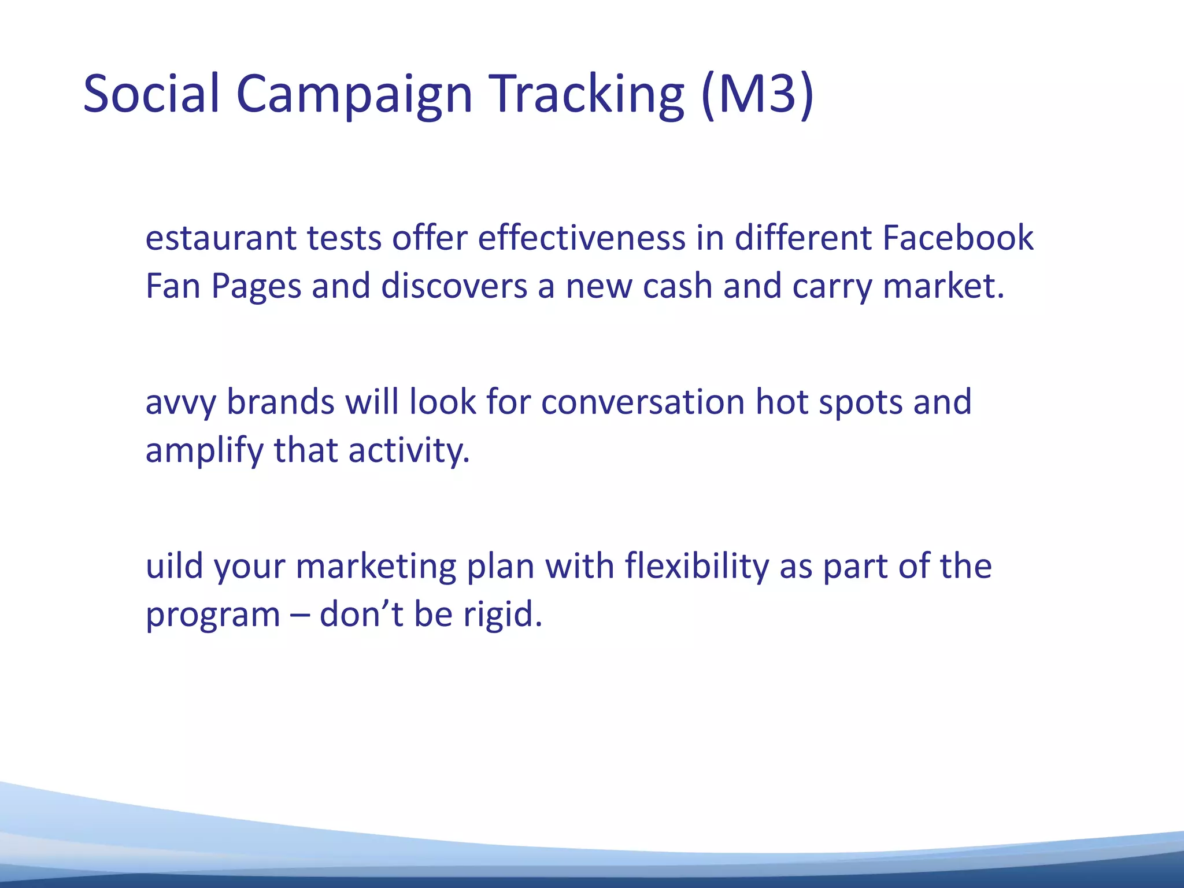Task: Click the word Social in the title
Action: [151, 94]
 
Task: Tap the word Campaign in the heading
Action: [354, 94]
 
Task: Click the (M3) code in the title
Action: [757, 94]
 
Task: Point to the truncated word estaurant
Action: [220, 238]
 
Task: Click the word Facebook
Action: [958, 238]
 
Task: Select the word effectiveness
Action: [581, 238]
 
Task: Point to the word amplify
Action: [204, 450]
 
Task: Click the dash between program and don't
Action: [300, 615]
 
